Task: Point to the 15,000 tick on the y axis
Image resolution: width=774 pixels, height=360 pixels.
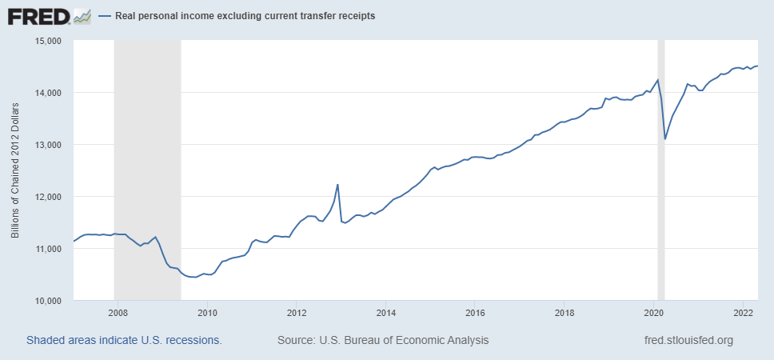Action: click(x=50, y=41)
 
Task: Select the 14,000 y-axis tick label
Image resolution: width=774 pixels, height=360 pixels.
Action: click(x=50, y=93)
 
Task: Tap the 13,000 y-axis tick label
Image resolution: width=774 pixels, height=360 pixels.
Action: click(x=50, y=145)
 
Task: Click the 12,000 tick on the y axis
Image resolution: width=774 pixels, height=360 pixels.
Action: click(x=50, y=197)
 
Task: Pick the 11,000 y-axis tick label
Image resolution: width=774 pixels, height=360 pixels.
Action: click(x=50, y=249)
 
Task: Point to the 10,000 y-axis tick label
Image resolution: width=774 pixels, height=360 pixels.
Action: click(x=50, y=301)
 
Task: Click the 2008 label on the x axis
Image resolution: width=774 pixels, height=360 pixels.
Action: click(x=118, y=313)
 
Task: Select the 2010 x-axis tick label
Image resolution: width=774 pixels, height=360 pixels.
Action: click(x=207, y=313)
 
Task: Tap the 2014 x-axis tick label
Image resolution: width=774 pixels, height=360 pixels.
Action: click(x=386, y=313)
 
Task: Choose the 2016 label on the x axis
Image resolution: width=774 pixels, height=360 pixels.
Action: click(x=476, y=313)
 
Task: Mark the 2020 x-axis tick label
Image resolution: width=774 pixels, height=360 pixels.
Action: click(x=655, y=313)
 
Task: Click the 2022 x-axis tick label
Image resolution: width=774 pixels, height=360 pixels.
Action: click(x=744, y=313)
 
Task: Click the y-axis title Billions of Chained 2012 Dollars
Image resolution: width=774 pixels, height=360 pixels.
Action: click(x=16, y=170)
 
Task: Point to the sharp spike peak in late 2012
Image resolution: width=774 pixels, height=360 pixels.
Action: click(x=337, y=185)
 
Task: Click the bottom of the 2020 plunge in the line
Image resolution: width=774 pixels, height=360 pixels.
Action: click(x=665, y=139)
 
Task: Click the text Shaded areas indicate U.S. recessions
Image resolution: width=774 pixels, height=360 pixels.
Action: click(x=124, y=340)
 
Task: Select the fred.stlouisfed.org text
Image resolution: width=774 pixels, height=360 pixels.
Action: click(x=688, y=340)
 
